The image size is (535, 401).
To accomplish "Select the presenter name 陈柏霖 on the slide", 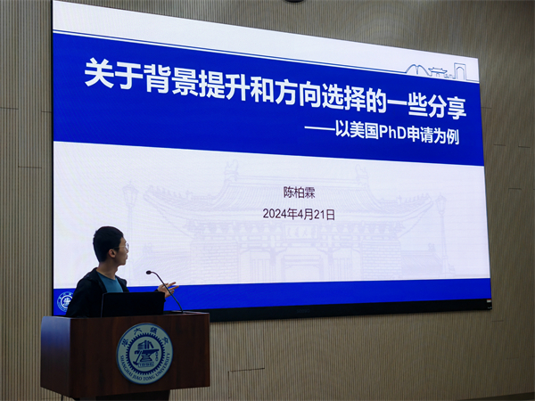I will pos(299,191).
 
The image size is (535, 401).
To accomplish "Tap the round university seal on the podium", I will pos(144,352).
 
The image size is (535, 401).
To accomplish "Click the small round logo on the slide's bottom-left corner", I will pos(65,300).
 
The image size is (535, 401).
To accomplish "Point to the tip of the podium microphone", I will pos(150,273).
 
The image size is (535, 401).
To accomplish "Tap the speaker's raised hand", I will pos(169,288).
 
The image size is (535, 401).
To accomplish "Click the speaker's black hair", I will pos(106,238).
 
